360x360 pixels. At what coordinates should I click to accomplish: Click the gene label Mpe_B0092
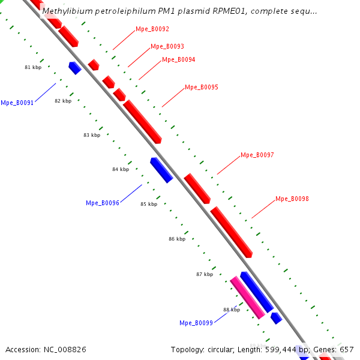tap(152, 29)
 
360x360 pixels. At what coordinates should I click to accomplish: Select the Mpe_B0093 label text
tap(167, 46)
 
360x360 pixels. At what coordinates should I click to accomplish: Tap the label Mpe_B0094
tap(178, 59)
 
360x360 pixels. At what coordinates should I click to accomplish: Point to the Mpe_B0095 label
tap(202, 87)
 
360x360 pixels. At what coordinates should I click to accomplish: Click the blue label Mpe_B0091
tap(17, 103)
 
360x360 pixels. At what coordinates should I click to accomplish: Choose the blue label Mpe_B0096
tap(103, 203)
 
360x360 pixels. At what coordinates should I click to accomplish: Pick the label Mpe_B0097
tap(257, 155)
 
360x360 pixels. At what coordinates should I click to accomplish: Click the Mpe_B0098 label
tap(292, 199)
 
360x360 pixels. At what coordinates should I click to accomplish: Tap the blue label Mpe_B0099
tap(196, 323)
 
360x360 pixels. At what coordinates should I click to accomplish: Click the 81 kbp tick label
tap(33, 67)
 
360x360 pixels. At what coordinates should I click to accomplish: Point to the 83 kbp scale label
tap(92, 135)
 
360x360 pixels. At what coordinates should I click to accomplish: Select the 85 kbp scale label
tap(149, 204)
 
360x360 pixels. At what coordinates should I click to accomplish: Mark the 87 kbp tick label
tap(205, 274)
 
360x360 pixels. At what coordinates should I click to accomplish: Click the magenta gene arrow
tap(247, 296)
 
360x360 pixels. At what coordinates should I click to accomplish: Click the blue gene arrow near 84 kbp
tap(161, 170)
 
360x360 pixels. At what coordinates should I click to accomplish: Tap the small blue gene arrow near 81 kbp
tap(74, 68)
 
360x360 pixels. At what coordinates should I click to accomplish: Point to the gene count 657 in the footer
tap(347, 349)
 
